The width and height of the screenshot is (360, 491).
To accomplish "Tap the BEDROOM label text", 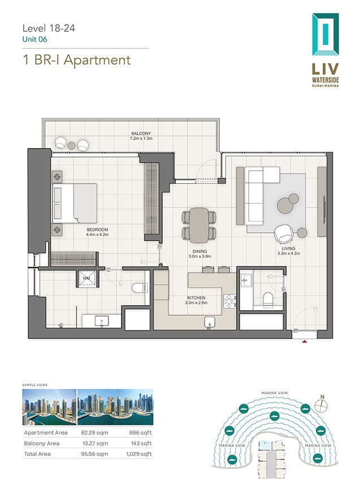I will click(97, 229).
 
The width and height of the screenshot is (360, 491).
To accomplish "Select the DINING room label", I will click(199, 251).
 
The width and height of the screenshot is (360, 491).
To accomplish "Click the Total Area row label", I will click(37, 454).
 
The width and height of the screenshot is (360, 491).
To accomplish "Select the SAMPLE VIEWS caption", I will click(35, 385).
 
